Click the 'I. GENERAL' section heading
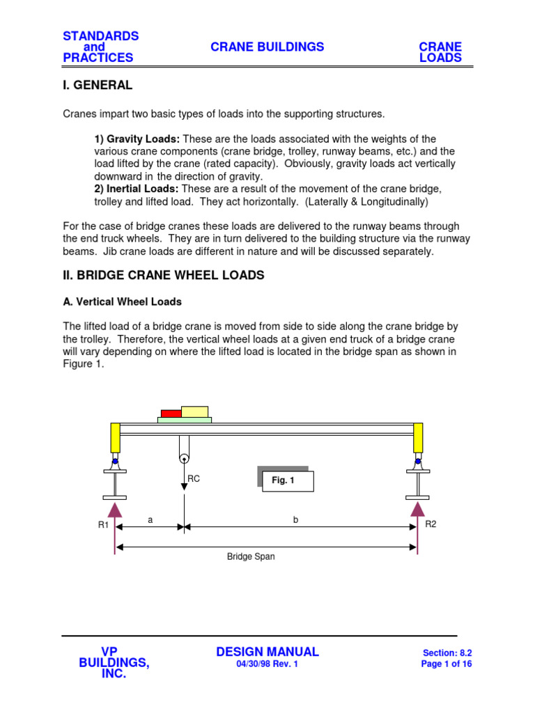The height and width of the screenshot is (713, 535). [98, 86]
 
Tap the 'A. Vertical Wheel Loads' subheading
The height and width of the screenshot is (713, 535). [123, 302]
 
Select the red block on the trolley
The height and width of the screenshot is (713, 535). [171, 414]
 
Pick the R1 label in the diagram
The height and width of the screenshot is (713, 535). [103, 526]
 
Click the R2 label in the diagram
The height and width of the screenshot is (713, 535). [431, 524]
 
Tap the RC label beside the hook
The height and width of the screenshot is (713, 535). [194, 479]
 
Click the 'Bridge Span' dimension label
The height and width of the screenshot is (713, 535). [251, 557]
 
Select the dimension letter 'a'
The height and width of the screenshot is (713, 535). [150, 520]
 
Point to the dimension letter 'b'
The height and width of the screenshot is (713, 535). [295, 520]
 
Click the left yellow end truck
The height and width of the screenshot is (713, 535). [115, 438]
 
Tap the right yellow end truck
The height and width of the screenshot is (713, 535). [418, 438]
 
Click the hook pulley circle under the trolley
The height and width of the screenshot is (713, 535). [184, 458]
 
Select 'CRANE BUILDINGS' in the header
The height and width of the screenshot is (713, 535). [267, 47]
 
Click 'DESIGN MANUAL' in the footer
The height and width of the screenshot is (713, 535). [267, 652]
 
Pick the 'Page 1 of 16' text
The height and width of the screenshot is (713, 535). [447, 664]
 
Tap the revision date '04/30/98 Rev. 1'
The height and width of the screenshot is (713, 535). [267, 664]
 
